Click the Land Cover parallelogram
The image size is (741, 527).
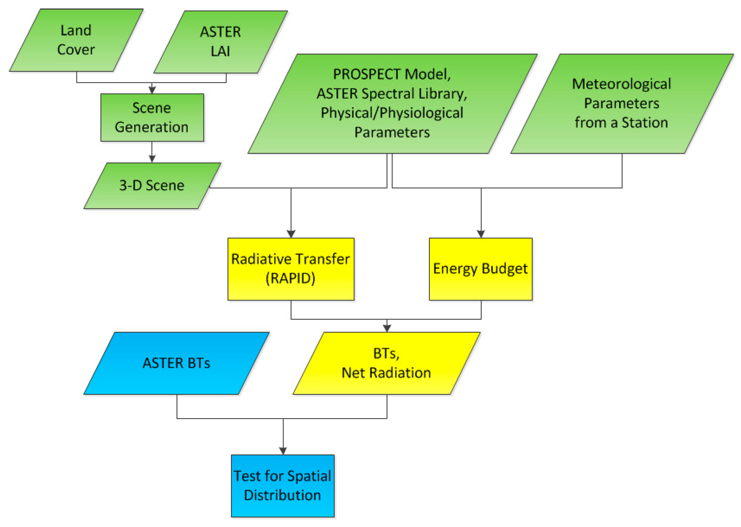76,40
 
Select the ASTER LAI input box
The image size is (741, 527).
221,42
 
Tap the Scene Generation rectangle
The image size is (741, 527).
152,118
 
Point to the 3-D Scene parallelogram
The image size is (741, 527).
152,186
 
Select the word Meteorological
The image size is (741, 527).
621,84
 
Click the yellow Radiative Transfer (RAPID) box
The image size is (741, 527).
291,269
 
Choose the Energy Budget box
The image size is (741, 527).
480,269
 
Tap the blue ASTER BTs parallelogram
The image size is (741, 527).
176,363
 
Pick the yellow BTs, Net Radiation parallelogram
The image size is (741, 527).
386,363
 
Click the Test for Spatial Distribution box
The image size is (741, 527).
282,486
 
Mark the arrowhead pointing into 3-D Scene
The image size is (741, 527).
152,159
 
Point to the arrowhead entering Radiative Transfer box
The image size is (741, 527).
291,234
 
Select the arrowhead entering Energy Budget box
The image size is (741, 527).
481,234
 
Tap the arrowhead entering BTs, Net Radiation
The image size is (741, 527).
387,328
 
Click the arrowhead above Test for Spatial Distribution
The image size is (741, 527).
283,451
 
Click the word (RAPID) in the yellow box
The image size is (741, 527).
290,279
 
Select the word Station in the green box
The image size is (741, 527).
645,123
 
